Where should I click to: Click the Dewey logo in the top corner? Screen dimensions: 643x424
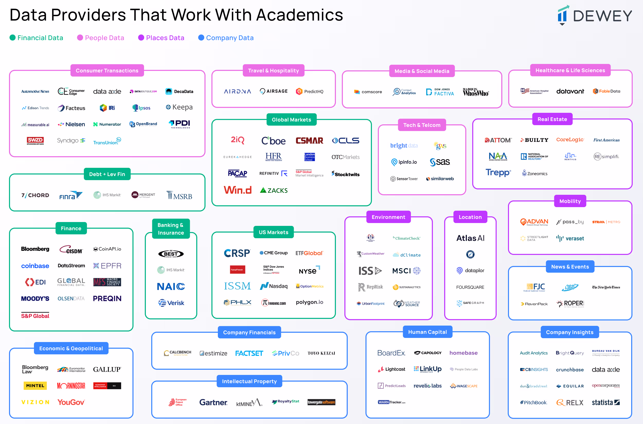(x=595, y=15)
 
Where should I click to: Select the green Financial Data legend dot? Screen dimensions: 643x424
(x=12, y=38)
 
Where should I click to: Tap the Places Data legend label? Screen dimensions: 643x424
(x=165, y=38)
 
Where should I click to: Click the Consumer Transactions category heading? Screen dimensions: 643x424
(x=107, y=71)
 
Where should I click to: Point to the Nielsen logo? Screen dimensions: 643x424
(x=72, y=124)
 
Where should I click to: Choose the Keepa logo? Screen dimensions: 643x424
(x=179, y=107)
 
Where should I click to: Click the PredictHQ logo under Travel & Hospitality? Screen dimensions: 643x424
(x=310, y=91)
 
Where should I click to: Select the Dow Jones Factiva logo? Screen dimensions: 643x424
(x=440, y=92)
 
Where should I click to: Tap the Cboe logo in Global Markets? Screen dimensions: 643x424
(x=273, y=141)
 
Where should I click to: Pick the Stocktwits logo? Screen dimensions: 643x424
(x=346, y=174)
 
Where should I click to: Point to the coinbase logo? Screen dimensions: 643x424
(x=35, y=266)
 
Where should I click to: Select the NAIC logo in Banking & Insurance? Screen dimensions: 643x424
(x=171, y=286)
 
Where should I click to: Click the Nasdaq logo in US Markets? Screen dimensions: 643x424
(x=274, y=286)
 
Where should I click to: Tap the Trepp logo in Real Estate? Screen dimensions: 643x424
(x=498, y=172)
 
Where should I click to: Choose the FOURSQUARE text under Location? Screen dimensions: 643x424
(x=470, y=287)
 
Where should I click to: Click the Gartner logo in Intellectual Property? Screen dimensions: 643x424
(x=213, y=402)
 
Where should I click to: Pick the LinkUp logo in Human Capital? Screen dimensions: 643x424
(x=427, y=369)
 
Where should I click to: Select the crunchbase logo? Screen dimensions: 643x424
(x=570, y=370)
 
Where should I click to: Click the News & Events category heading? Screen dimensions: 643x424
(x=570, y=267)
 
